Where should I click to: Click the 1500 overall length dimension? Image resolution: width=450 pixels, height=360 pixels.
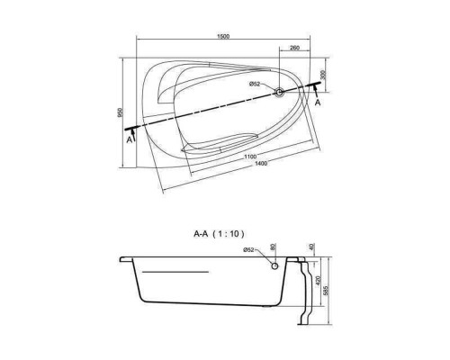tap(223, 36)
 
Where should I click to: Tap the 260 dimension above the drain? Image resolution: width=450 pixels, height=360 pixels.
tap(295, 48)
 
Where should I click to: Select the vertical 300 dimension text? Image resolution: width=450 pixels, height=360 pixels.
tap(323, 75)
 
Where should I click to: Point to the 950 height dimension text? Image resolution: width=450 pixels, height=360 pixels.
tap(121, 112)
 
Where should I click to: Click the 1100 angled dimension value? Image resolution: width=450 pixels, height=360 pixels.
tap(250, 157)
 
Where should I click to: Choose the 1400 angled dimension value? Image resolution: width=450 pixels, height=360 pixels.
tap(260, 164)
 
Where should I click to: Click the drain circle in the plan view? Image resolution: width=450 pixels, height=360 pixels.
tap(279, 92)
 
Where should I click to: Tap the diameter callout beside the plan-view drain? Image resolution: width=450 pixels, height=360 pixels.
tap(255, 85)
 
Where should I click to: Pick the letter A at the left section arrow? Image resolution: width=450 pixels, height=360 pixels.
tap(129, 139)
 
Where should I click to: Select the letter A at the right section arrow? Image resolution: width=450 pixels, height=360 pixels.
tap(318, 103)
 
